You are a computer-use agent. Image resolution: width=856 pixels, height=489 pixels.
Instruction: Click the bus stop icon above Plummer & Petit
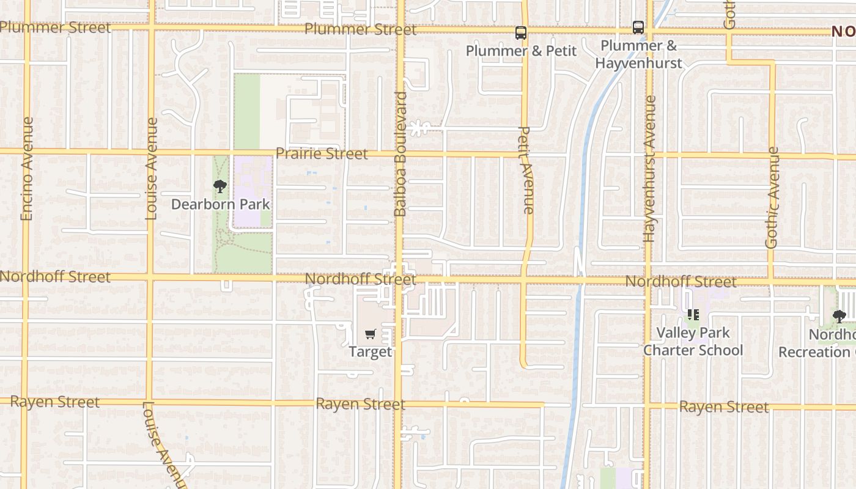(x=520, y=33)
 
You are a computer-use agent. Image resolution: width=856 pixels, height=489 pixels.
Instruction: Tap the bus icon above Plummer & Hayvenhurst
(x=638, y=28)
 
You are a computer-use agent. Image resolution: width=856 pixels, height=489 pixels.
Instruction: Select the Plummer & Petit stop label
(x=521, y=51)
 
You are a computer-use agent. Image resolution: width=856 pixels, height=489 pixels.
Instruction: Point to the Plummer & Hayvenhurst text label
(x=638, y=54)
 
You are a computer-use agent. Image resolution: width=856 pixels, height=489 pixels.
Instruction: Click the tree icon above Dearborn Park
(x=220, y=186)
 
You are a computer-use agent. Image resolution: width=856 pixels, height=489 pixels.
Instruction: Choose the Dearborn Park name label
(x=220, y=204)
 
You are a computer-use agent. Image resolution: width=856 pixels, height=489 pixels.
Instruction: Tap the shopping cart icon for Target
(x=370, y=334)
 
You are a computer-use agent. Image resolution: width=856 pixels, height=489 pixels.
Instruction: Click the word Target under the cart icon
(x=370, y=352)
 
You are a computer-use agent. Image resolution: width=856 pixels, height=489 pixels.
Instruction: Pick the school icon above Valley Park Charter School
(x=693, y=315)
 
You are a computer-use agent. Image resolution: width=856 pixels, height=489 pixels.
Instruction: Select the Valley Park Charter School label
(x=693, y=342)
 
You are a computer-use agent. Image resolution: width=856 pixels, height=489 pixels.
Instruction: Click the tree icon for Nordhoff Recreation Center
(x=839, y=317)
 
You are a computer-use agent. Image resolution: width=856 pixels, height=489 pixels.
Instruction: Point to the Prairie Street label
(x=322, y=153)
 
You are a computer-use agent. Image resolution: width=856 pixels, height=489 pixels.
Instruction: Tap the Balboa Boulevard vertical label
(x=400, y=154)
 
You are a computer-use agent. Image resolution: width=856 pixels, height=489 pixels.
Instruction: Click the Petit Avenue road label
(x=526, y=170)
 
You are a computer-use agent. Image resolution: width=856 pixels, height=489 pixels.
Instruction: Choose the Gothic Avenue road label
(x=772, y=197)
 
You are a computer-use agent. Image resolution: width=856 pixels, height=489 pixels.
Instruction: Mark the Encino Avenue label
(x=26, y=169)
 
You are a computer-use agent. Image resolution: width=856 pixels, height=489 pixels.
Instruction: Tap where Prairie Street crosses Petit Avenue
(x=525, y=154)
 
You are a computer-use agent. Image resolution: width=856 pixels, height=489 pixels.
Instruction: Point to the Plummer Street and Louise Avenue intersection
(x=150, y=28)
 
